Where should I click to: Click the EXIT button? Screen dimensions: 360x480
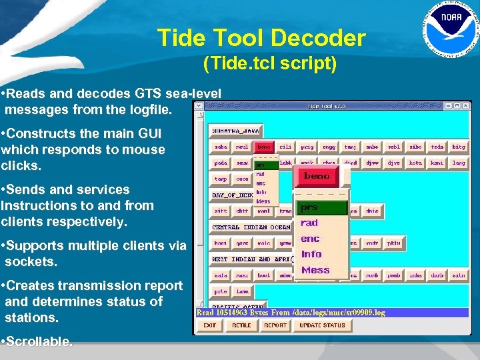coord(210,325)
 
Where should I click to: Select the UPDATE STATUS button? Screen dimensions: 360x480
coord(322,325)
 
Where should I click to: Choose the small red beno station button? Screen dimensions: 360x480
coord(264,147)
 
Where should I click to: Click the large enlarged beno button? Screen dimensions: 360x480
coord(317,177)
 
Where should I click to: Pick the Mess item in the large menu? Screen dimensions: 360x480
coord(315,270)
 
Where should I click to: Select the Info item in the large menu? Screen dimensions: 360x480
coord(311,254)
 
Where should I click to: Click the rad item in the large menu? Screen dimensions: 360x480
coord(309,223)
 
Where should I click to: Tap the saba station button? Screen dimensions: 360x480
coord(221,147)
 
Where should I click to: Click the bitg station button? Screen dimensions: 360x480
coord(458,147)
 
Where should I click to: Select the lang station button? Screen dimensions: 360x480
coord(458,163)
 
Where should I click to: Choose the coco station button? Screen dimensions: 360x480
coord(242,179)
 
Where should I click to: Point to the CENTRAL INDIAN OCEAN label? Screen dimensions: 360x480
coord(250,227)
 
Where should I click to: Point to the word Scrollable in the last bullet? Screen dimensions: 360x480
coord(39,342)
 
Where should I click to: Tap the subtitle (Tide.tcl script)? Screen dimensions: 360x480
coord(270,64)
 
